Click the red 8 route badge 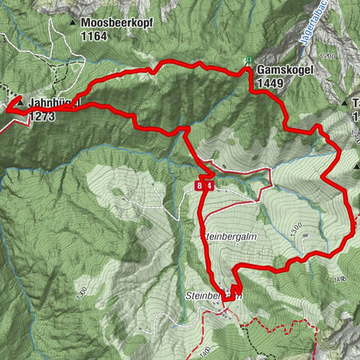click(199, 185)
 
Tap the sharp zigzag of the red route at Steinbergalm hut click(235, 289)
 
